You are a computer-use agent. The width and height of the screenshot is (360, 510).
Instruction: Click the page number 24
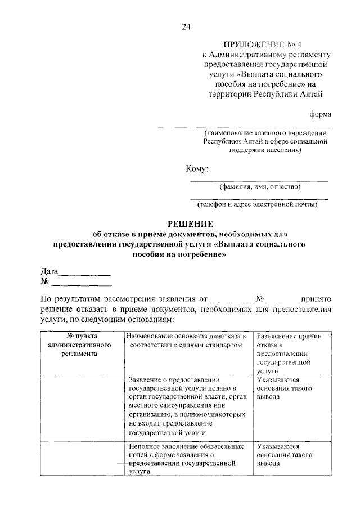point(186,26)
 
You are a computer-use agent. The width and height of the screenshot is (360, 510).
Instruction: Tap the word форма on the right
point(320,114)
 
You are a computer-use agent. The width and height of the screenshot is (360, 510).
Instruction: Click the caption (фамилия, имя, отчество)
point(259,186)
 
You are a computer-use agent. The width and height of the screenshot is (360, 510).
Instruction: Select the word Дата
point(49,271)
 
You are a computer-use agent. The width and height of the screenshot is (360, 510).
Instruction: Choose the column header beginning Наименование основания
point(188,339)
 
